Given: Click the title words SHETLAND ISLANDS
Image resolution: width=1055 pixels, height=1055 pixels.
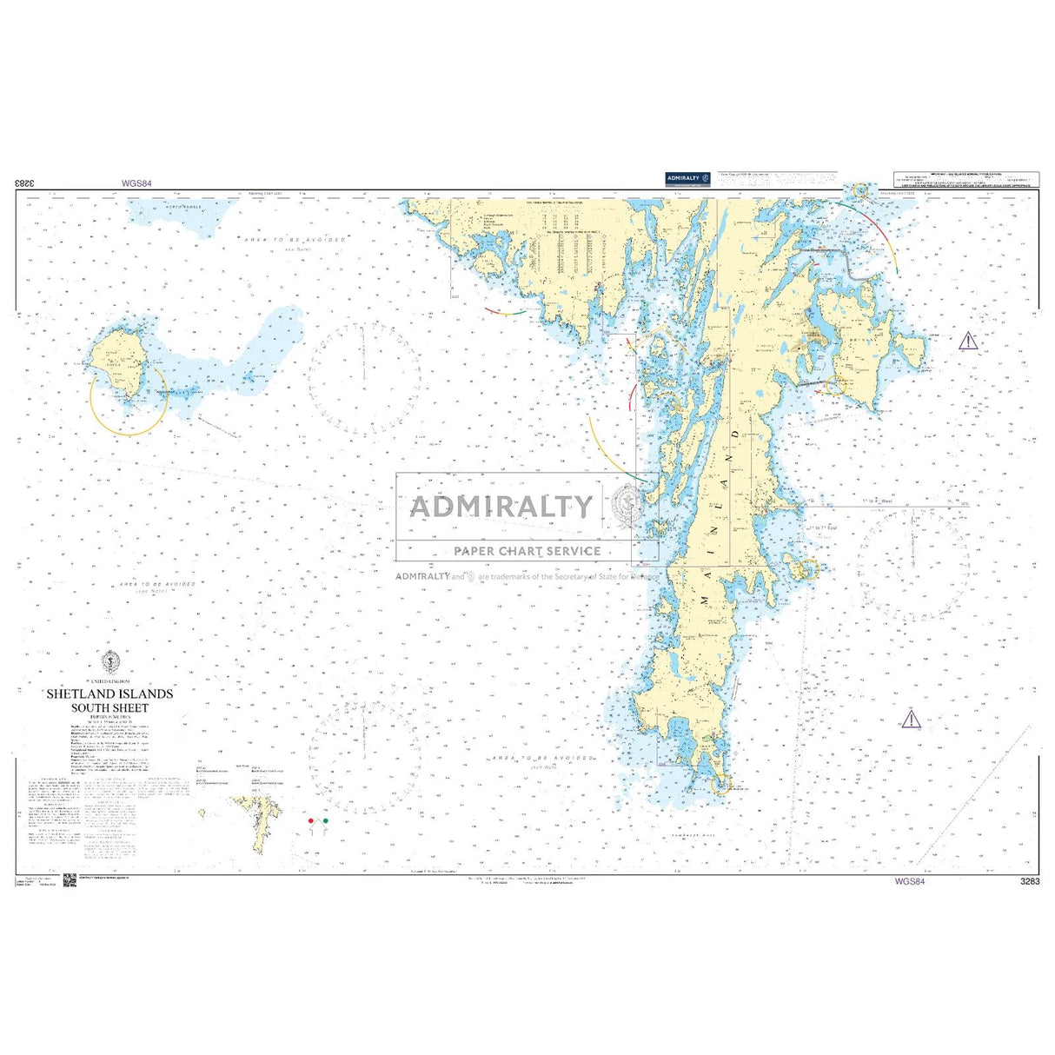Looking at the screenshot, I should coord(109,693).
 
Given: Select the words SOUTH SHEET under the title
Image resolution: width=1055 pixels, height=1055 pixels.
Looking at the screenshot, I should coord(109,707).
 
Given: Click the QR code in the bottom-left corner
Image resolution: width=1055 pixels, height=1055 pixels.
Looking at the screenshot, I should coord(70,880).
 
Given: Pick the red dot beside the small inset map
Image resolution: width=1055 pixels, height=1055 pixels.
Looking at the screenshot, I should coord(311,820).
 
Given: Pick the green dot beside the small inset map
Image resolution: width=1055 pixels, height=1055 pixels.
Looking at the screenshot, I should coord(325,820).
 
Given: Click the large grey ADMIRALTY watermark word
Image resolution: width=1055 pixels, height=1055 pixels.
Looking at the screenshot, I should coord(501,506).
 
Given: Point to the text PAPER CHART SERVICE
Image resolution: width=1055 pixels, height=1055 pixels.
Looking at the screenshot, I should coord(527,551).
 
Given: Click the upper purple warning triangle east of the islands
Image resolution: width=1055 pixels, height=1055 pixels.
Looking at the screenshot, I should coord(967,341).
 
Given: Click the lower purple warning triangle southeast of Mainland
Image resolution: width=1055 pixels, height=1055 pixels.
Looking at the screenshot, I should coord(910,719).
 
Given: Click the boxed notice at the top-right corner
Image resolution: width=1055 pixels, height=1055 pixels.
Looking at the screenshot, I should coord(966,179).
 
